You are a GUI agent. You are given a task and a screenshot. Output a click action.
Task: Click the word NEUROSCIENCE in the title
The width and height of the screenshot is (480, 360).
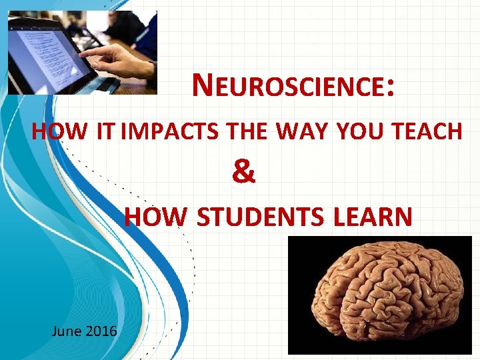point(291,87)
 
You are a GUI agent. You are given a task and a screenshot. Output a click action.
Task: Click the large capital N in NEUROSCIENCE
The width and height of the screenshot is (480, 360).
point(202,85)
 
